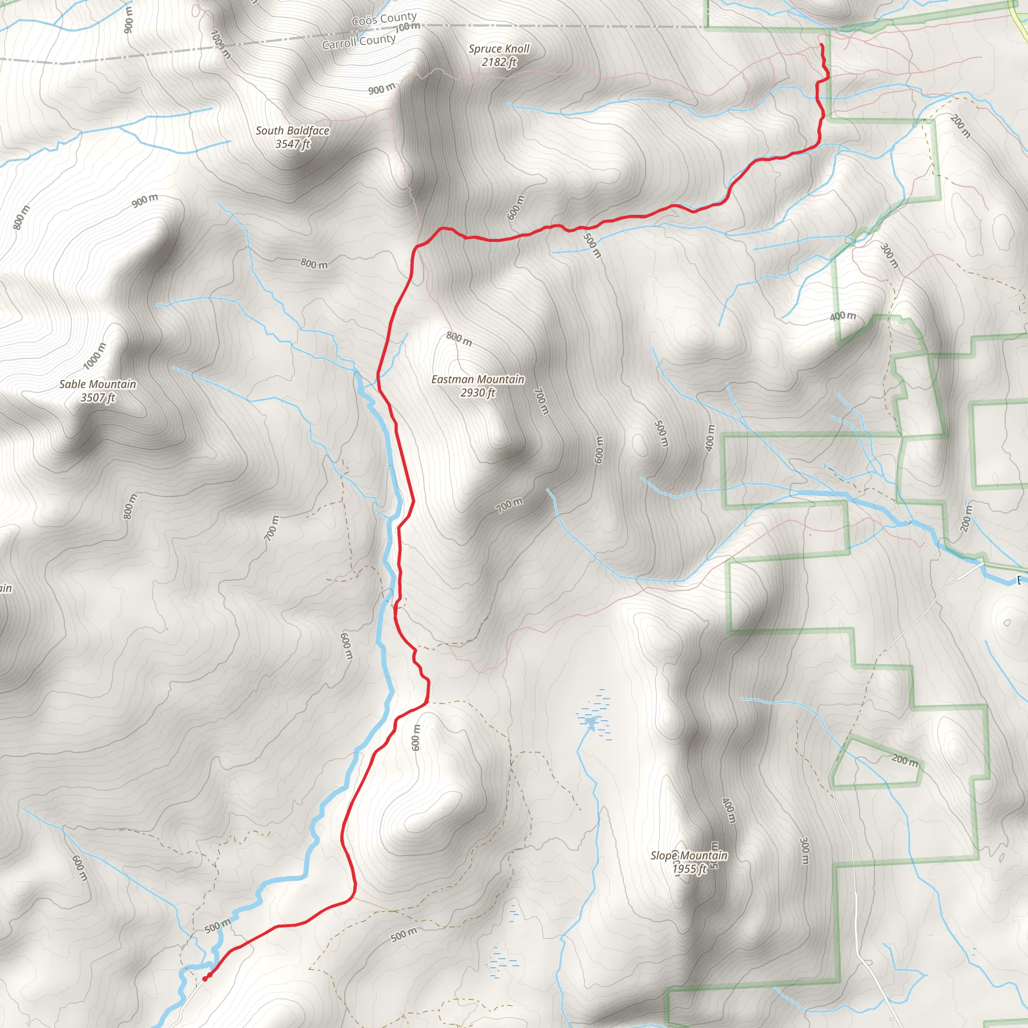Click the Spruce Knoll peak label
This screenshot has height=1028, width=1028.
(x=498, y=55)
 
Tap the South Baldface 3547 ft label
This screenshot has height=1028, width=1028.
(x=292, y=137)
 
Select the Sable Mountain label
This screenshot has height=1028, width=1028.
(x=97, y=391)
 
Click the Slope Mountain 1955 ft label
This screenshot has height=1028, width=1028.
(x=689, y=862)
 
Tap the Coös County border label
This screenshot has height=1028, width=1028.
(x=383, y=20)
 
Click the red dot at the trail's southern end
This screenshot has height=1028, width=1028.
(x=205, y=978)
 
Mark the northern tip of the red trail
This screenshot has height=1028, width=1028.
(x=822, y=45)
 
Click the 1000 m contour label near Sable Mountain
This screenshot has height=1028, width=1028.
(x=95, y=356)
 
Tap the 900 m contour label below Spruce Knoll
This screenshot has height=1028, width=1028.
(x=381, y=89)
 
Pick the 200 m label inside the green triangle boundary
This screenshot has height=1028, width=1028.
(x=905, y=760)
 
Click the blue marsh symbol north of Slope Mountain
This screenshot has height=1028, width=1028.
(x=591, y=721)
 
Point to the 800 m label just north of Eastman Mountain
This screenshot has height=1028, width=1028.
(x=459, y=338)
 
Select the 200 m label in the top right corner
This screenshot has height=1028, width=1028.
(x=960, y=126)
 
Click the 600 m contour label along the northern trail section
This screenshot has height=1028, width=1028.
(x=515, y=208)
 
